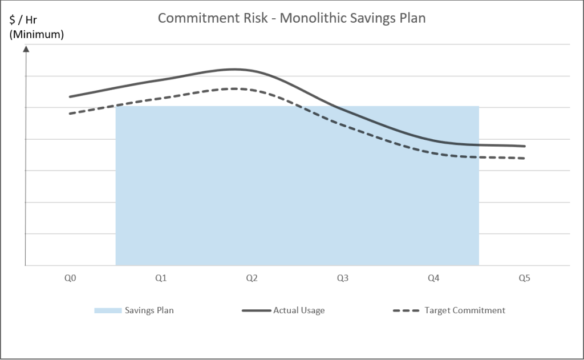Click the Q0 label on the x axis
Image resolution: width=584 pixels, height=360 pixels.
pyautogui.click(x=70, y=278)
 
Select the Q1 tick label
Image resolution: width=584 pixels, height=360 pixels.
pyautogui.click(x=161, y=278)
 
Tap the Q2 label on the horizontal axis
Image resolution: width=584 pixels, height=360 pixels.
pyautogui.click(x=252, y=278)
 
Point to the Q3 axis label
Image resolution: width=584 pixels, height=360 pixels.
pyautogui.click(x=343, y=278)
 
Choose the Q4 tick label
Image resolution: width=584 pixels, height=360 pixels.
pyautogui.click(x=433, y=278)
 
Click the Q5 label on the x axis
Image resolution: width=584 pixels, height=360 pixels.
pyautogui.click(x=524, y=278)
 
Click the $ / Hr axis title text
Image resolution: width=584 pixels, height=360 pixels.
pyautogui.click(x=23, y=21)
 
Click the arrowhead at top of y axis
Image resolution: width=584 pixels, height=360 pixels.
pyautogui.click(x=26, y=48)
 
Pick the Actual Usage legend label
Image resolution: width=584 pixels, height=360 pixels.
pyautogui.click(x=299, y=310)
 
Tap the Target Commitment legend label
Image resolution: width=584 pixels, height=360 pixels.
pyautogui.click(x=465, y=310)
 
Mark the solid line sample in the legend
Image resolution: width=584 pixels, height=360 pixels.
pyautogui.click(x=255, y=310)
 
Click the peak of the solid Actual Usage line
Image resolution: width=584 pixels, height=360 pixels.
pyautogui.click(x=234, y=69)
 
